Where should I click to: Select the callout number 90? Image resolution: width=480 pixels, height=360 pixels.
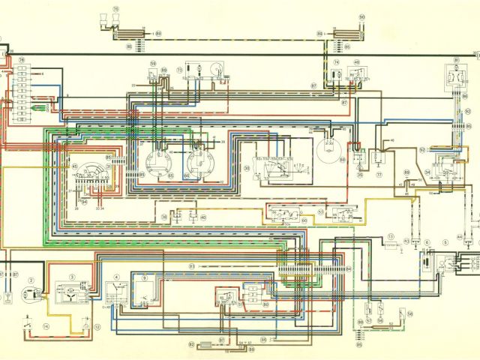point(361,16)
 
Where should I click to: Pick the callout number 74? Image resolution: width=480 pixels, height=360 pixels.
point(337,63)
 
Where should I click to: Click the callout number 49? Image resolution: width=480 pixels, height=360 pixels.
point(356,63)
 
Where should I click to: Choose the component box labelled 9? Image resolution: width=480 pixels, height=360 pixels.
point(145,285)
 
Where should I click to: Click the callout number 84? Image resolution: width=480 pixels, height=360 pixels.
point(346,268)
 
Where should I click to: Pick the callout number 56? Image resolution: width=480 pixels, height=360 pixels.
point(410,313)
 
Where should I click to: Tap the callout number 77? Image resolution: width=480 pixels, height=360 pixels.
point(379,174)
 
